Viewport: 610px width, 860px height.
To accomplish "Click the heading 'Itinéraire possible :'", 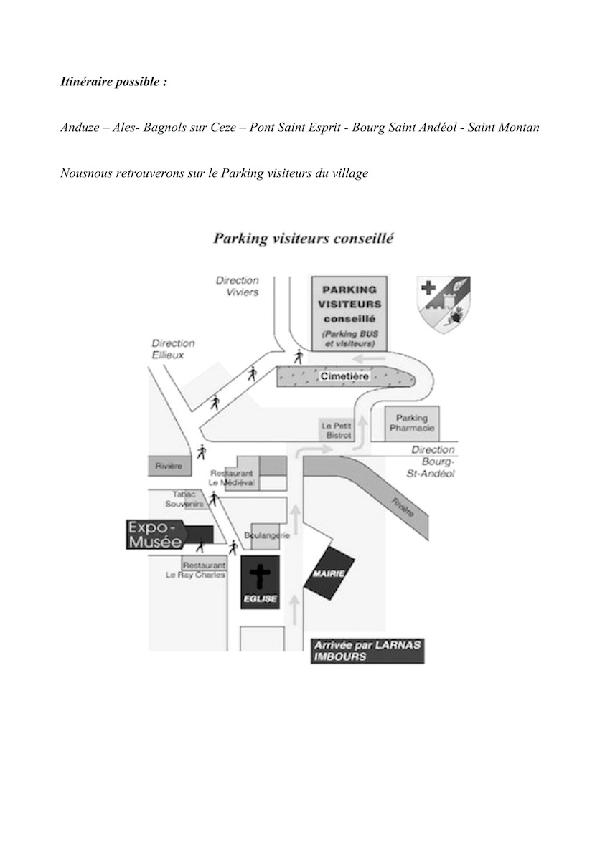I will [x=113, y=82].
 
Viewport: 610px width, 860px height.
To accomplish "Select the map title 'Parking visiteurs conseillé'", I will [x=304, y=239].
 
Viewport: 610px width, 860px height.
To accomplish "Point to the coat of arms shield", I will [x=444, y=305].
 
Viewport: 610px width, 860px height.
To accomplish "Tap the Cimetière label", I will [x=344, y=376].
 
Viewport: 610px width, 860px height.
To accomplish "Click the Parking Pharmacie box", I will [x=412, y=423].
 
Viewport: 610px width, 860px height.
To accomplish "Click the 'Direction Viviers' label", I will [x=238, y=287].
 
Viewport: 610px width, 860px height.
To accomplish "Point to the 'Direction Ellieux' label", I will [x=173, y=348].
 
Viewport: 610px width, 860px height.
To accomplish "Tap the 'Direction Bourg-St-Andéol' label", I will [x=432, y=462].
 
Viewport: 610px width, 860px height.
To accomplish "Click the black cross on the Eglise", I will [x=259, y=575].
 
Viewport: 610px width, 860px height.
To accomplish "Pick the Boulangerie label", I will [x=266, y=535].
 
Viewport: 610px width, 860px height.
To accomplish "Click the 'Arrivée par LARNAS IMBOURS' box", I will [x=367, y=651].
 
